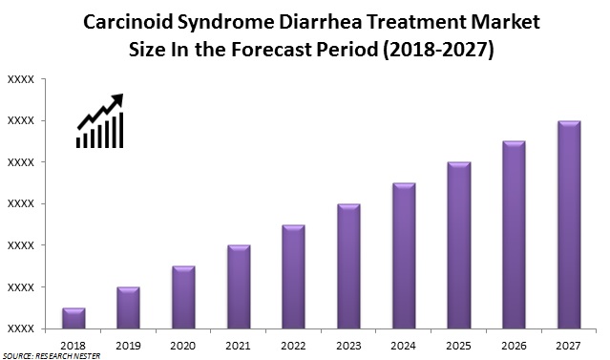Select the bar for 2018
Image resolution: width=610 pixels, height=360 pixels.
(x=74, y=318)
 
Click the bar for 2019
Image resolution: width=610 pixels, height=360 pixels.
(x=128, y=307)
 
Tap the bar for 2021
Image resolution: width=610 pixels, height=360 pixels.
(x=239, y=286)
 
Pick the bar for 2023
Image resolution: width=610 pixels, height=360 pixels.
(x=349, y=266)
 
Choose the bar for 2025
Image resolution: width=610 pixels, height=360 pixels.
(x=459, y=245)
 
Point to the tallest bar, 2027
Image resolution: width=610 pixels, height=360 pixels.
(x=569, y=225)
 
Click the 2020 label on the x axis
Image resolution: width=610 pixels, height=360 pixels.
(x=183, y=346)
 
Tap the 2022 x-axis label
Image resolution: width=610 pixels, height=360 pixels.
(x=294, y=346)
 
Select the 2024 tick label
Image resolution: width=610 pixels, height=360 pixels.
(x=404, y=346)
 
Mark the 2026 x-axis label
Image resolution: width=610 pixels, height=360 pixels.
(x=514, y=346)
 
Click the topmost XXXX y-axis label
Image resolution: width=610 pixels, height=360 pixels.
(x=21, y=79)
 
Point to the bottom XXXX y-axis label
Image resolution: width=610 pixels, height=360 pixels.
(x=21, y=329)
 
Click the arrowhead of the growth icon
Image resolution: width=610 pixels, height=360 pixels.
(x=117, y=99)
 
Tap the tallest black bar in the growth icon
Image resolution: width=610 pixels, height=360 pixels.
(x=121, y=130)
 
